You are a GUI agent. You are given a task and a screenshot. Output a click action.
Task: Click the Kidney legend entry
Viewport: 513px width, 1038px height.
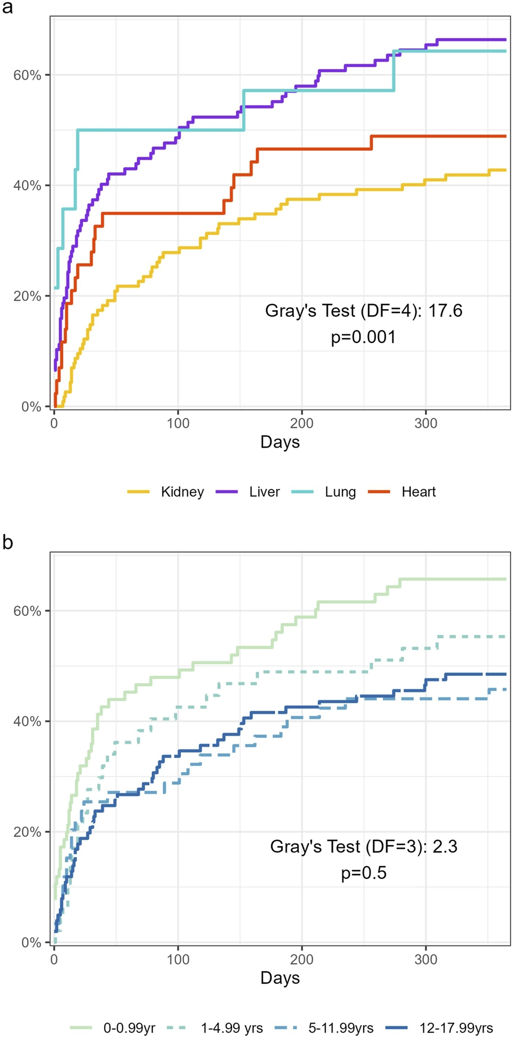click(x=165, y=492)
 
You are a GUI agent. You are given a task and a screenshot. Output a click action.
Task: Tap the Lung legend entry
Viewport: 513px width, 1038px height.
click(x=323, y=492)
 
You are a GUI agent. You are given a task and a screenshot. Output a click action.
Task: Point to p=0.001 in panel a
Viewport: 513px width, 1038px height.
click(x=364, y=337)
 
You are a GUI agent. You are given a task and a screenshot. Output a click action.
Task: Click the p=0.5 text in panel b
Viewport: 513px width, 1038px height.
click(x=364, y=873)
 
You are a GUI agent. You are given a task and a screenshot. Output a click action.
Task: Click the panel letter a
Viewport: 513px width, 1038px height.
click(x=8, y=9)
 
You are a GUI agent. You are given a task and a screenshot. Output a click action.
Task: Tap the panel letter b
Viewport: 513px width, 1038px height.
click(x=8, y=542)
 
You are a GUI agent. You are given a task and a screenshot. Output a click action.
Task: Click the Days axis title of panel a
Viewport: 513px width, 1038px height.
click(x=280, y=442)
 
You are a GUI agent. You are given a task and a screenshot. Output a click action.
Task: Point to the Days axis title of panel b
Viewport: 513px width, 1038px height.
click(x=280, y=978)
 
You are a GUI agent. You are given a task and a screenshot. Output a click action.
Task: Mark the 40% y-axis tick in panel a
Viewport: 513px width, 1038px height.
click(x=28, y=186)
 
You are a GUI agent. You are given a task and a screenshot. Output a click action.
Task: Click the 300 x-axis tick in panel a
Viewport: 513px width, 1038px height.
click(x=426, y=424)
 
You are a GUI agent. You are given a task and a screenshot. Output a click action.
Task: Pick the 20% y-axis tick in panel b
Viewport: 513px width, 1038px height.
click(x=28, y=832)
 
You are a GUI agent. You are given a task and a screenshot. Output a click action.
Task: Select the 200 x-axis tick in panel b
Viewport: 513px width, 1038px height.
click(x=302, y=959)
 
